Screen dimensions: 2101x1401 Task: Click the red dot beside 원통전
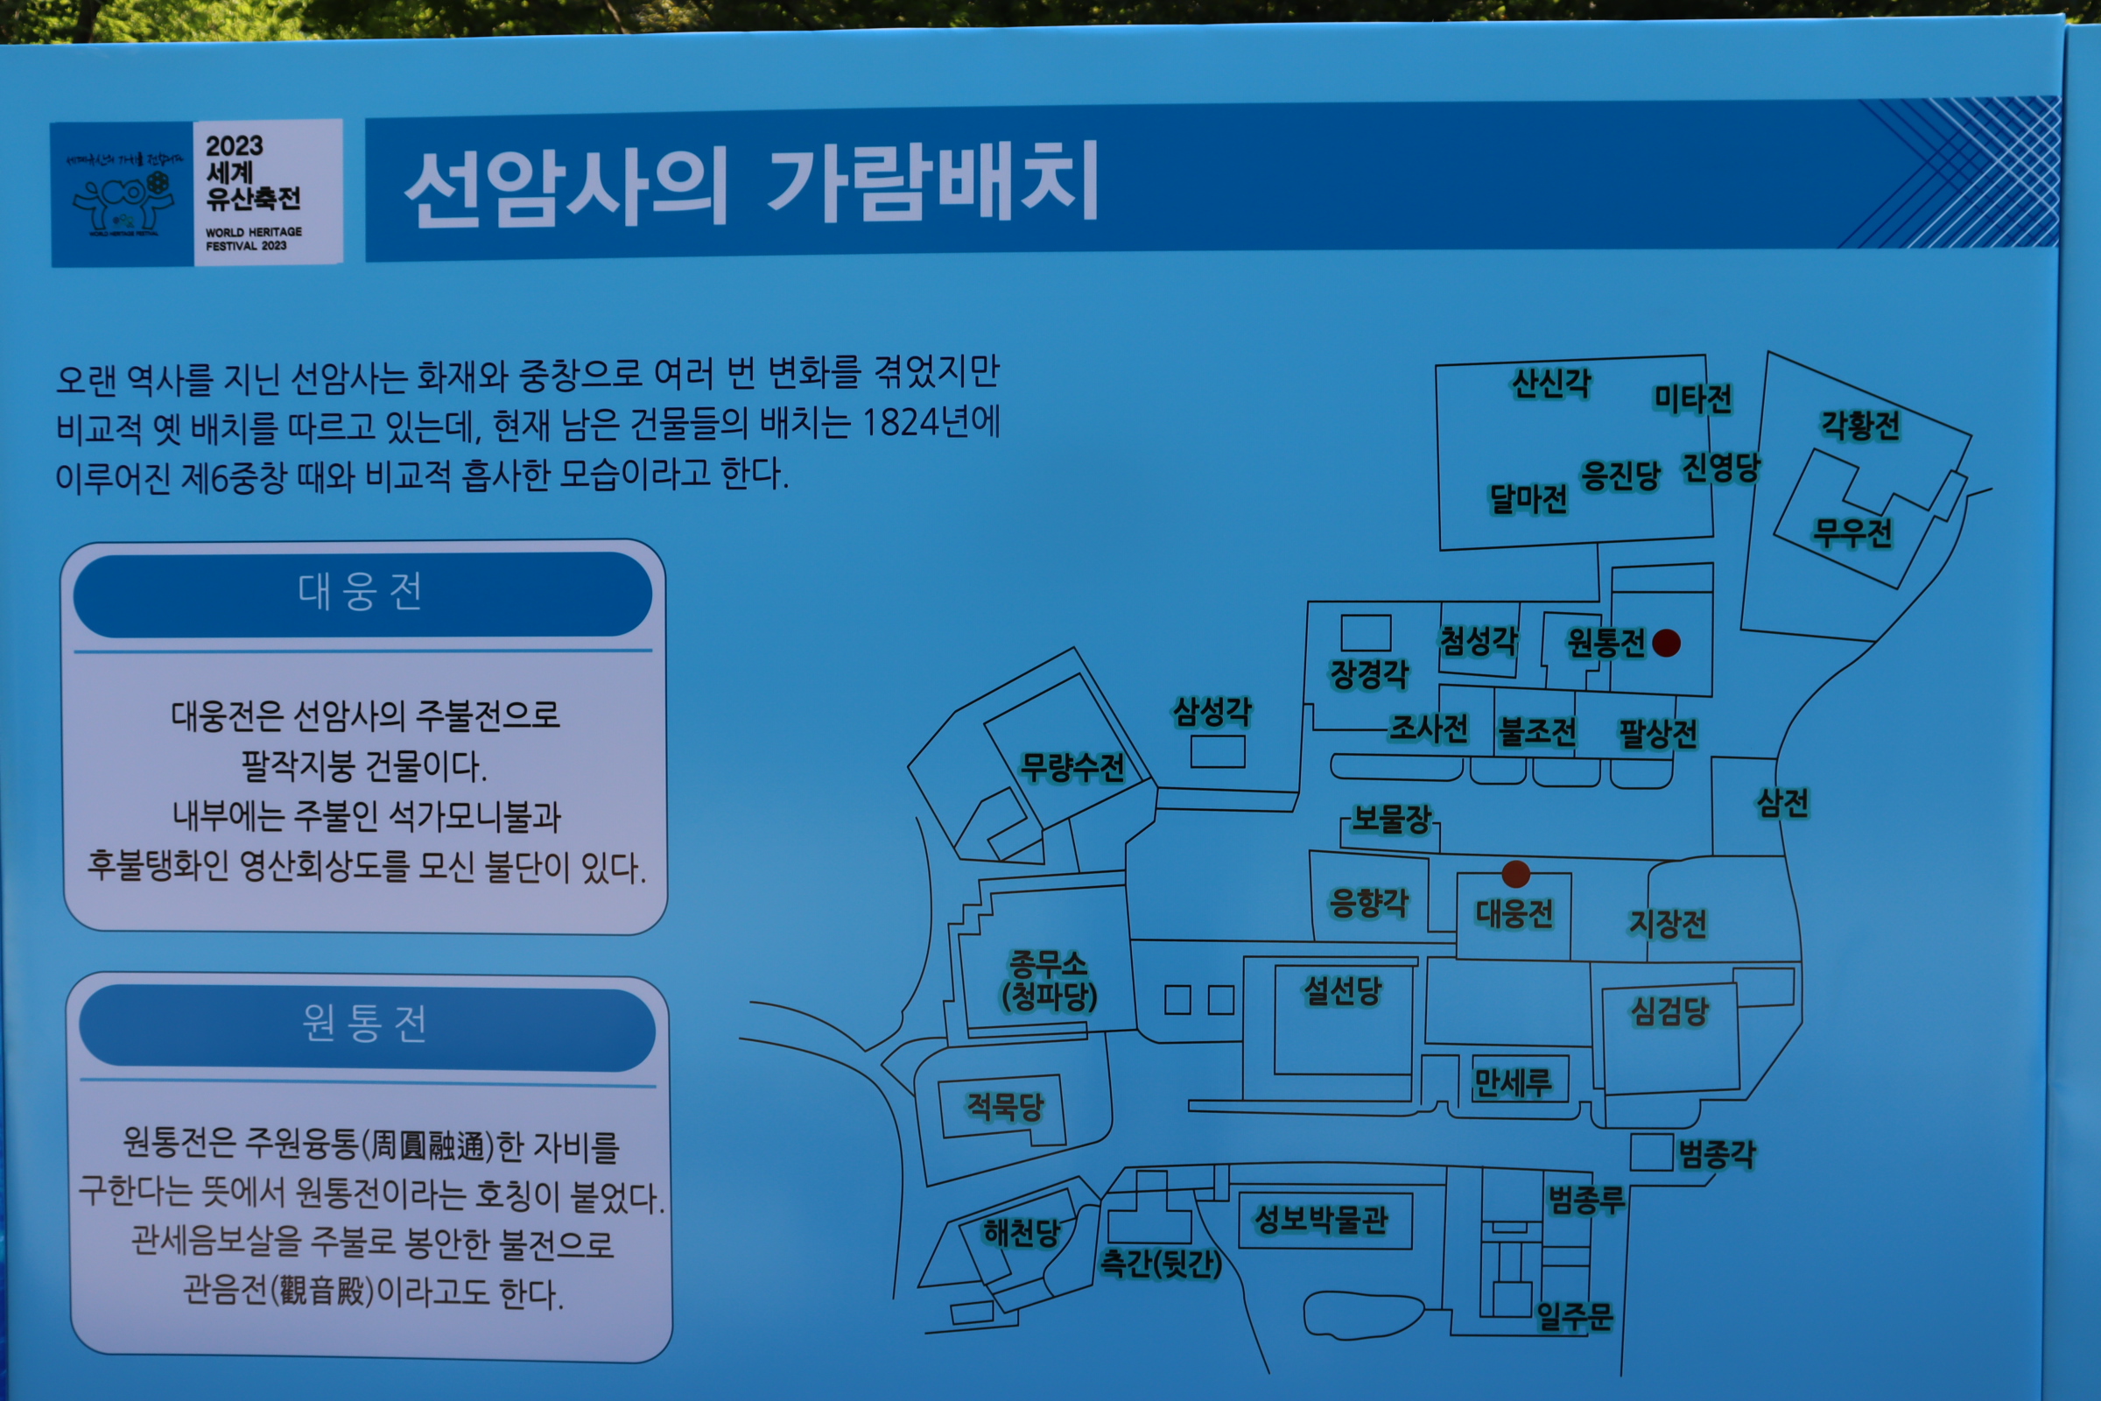pyautogui.click(x=1666, y=643)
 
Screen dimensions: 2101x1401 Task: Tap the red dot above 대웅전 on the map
pyautogui.click(x=1516, y=874)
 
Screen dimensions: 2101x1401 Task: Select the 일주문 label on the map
pyautogui.click(x=1574, y=1315)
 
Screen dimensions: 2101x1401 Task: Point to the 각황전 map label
pyautogui.click(x=1861, y=426)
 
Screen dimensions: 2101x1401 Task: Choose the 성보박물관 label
pyautogui.click(x=1321, y=1220)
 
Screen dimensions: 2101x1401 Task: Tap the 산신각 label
pyautogui.click(x=1550, y=384)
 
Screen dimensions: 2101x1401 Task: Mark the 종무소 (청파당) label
pyautogui.click(x=1049, y=980)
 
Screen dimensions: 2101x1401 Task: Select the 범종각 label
pyautogui.click(x=1717, y=1154)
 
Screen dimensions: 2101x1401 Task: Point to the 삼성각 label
pyautogui.click(x=1212, y=711)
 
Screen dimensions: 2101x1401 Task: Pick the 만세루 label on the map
pyautogui.click(x=1513, y=1083)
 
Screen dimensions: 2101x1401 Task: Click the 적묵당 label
pyautogui.click(x=1005, y=1107)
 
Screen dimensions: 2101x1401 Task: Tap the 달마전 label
pyautogui.click(x=1528, y=498)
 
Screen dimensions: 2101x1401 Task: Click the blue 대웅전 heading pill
pyautogui.click(x=362, y=594)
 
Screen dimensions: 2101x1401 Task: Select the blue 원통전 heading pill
pyautogui.click(x=366, y=1024)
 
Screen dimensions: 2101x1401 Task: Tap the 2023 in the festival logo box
pyautogui.click(x=234, y=145)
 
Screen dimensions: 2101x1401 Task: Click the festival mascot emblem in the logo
pyautogui.click(x=123, y=201)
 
